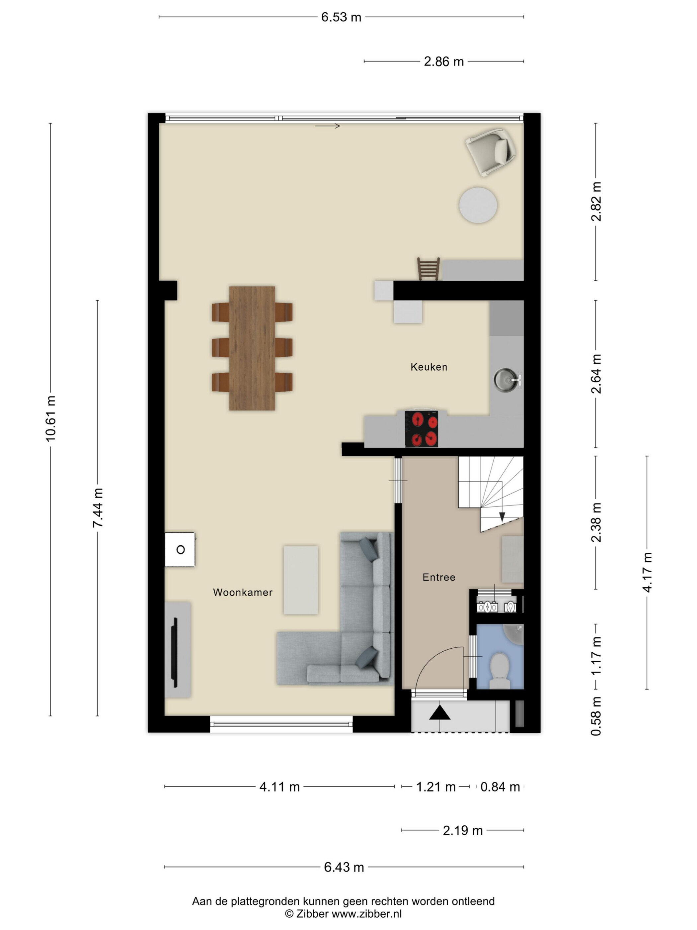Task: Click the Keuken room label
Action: [428, 367]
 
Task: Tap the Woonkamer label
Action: [242, 593]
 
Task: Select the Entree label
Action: [439, 577]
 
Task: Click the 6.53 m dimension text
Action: [341, 17]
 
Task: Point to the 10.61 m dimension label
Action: [51, 418]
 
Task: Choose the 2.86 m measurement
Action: [444, 61]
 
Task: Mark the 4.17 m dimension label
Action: [647, 573]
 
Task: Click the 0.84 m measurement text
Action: [500, 787]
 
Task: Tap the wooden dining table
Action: [252, 348]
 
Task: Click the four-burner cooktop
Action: [422, 429]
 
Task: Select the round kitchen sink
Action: [506, 380]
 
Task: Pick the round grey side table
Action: [478, 206]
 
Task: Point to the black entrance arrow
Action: [440, 713]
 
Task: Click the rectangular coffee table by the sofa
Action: [300, 580]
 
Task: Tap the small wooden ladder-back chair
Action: [428, 269]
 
